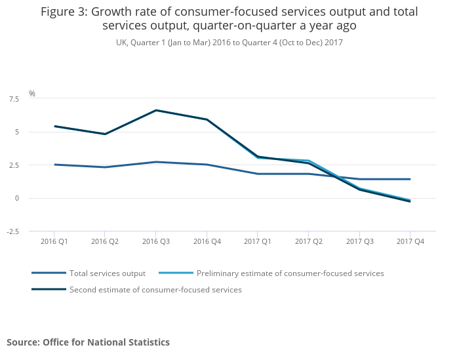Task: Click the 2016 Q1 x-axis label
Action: tap(54, 242)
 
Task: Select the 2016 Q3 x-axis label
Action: tap(155, 242)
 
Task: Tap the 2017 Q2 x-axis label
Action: tap(308, 242)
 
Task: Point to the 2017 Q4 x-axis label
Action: tap(410, 242)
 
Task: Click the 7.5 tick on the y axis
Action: tap(14, 99)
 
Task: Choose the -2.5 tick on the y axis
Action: tap(12, 231)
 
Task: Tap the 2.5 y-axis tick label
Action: tap(14, 165)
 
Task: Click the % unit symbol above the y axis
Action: tap(31, 94)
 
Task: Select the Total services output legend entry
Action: tap(108, 273)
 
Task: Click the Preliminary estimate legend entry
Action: tap(290, 273)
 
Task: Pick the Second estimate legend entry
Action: tap(155, 290)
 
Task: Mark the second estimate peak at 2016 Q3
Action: tap(156, 110)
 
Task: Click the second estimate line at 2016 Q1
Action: tap(54, 126)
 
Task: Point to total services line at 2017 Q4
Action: tap(410, 179)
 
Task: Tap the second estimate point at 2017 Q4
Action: tap(410, 201)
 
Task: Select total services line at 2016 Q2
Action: tap(105, 167)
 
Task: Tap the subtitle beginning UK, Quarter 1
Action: tap(229, 42)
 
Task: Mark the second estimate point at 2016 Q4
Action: tap(207, 119)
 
